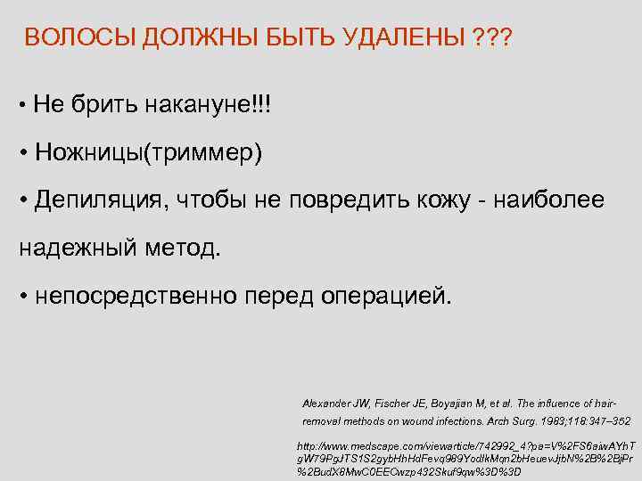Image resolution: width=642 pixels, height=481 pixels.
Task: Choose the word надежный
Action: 75,247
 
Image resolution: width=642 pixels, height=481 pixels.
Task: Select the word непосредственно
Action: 146,294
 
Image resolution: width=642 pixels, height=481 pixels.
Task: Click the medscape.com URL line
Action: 464,444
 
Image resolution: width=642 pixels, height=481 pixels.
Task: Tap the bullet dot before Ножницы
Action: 24,152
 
